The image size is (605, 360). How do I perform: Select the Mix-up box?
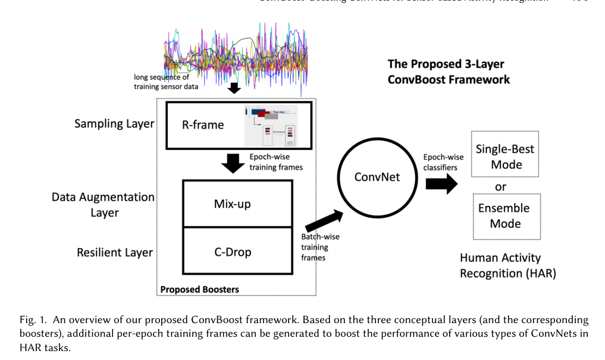[232, 204]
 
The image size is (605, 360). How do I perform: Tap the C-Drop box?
[232, 252]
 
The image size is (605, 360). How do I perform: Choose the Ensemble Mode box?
[506, 215]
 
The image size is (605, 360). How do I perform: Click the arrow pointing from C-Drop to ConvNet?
[324, 221]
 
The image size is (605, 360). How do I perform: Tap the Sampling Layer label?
[114, 124]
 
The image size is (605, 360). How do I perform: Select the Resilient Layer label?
[115, 252]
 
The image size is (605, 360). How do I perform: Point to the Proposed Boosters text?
[199, 290]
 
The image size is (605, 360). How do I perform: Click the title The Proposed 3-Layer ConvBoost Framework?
[449, 71]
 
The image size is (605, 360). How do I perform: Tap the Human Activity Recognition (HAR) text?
[507, 265]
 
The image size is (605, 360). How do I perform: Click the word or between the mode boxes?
[501, 186]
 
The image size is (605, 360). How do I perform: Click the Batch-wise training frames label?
[319, 247]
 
